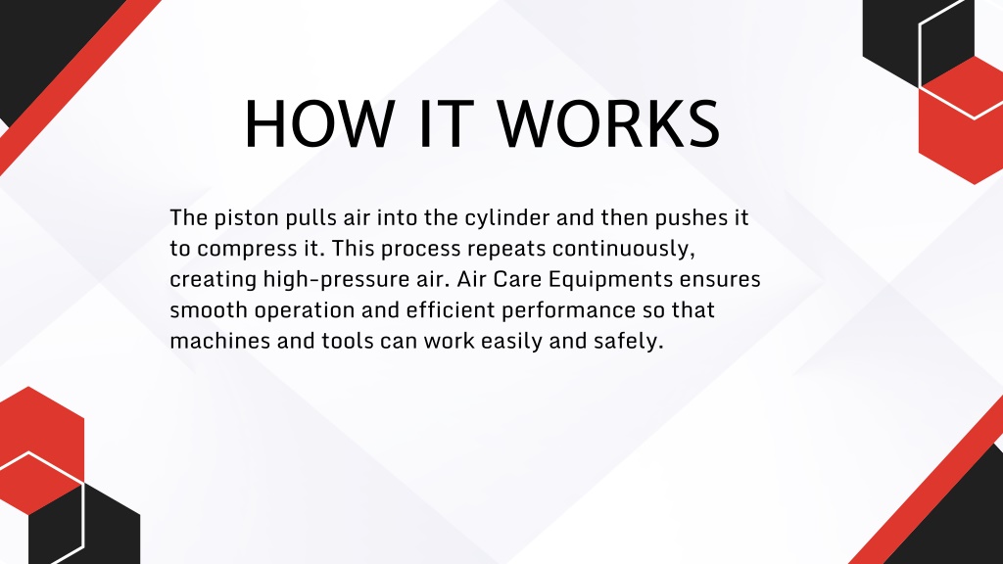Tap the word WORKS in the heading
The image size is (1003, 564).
click(x=609, y=124)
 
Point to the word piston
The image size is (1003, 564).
click(x=246, y=218)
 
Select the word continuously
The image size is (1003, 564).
click(x=624, y=249)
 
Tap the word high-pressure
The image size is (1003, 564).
click(x=336, y=280)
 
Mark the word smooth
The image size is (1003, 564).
click(x=209, y=310)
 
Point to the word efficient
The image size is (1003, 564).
click(x=451, y=310)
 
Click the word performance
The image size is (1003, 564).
click(x=569, y=310)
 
